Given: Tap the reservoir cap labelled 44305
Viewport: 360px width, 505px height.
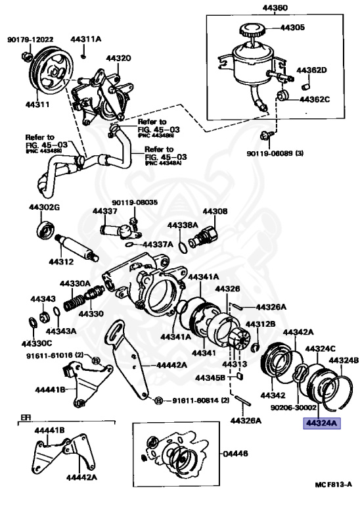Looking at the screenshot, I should (x=251, y=30).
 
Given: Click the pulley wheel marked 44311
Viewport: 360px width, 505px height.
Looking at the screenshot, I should (x=51, y=68).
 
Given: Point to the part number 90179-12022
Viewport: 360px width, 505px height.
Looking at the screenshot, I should (x=31, y=40).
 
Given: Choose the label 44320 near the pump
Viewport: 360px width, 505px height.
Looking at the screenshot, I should (x=119, y=58).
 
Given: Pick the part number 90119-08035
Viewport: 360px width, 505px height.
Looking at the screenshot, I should (x=135, y=203).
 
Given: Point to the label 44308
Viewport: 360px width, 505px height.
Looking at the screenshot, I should (x=215, y=212).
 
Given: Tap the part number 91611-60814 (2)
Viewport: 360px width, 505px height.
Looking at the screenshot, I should (x=196, y=400).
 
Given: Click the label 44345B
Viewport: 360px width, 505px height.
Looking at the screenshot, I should (x=211, y=378).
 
